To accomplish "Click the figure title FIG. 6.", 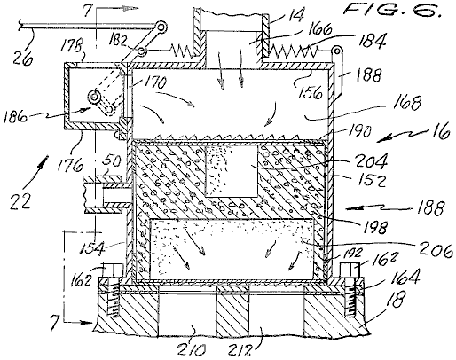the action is pyautogui.click(x=393, y=11).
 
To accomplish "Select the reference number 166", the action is pyautogui.click(x=318, y=29).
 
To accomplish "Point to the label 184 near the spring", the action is pyautogui.click(x=372, y=41).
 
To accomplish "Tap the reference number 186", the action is pyautogui.click(x=15, y=118).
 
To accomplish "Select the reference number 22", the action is pyautogui.click(x=20, y=202).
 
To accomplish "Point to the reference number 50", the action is pyautogui.click(x=112, y=162).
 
